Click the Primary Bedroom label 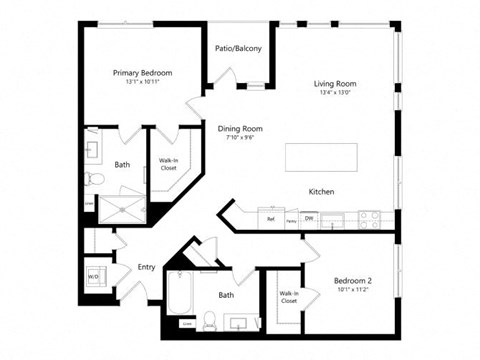click(142, 73)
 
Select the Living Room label click(336, 84)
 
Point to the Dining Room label click(239, 129)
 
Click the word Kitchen click(320, 191)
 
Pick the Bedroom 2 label click(354, 282)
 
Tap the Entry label click(146, 267)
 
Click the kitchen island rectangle click(323, 157)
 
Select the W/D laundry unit click(95, 277)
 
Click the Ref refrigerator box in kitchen click(269, 217)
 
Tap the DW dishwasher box click(309, 217)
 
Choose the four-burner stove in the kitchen click(368, 216)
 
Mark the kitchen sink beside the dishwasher click(338, 217)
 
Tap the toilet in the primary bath click(93, 179)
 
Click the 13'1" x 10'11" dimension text click(142, 83)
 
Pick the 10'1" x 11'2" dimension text click(354, 292)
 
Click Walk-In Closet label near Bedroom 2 click(288, 296)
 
